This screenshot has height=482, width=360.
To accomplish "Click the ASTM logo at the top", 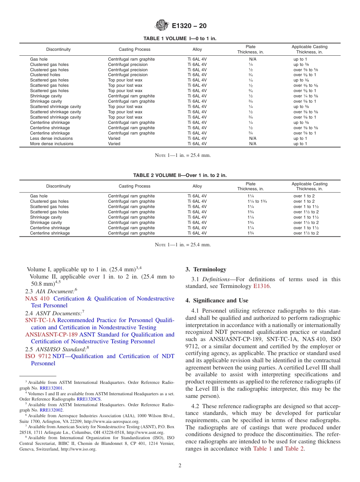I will point(162,26).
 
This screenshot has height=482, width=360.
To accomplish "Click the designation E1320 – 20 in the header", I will point(189,26).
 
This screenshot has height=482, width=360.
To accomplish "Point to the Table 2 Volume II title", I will point(180,175).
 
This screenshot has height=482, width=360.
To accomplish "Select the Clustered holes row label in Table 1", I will point(45,75).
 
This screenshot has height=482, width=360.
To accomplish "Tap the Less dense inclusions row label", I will point(52,138).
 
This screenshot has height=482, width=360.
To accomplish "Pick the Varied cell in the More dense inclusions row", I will point(114,144).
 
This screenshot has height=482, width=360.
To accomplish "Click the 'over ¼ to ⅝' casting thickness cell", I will point(306,96).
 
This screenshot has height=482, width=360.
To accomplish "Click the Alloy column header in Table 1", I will point(197,50).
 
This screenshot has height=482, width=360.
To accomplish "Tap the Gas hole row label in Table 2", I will point(39,196).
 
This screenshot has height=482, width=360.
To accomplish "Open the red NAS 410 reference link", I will point(37,299).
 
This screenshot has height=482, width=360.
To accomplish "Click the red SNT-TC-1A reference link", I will point(41,320).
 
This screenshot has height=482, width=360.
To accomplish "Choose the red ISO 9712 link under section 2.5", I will point(38,356).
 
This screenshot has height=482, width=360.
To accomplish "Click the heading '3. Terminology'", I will point(206,269).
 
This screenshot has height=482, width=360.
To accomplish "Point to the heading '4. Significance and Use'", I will point(217,300).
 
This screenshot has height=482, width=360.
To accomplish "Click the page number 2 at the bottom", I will point(180,466).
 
